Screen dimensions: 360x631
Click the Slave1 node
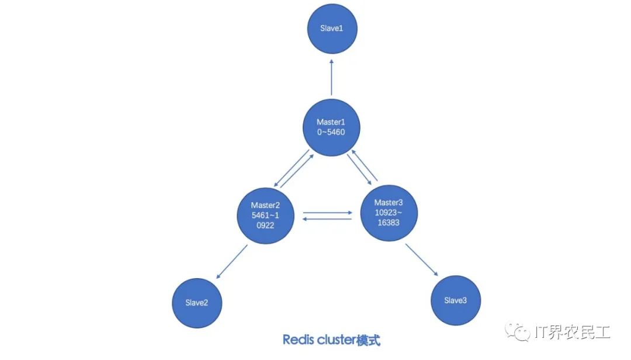(x=332, y=29)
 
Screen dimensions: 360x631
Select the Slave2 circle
(x=197, y=302)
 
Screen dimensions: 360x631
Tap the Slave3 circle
(x=456, y=300)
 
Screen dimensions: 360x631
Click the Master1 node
(x=331, y=127)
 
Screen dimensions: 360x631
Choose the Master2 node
(x=266, y=215)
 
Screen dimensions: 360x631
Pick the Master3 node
(x=388, y=211)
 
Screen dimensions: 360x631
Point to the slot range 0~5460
(x=331, y=133)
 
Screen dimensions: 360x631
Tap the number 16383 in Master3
(x=388, y=222)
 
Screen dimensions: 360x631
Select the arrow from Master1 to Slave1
(x=331, y=76)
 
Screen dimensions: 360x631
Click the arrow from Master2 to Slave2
(x=231, y=262)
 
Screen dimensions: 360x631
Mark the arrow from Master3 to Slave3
(x=422, y=259)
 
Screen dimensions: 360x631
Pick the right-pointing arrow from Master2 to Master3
(x=327, y=213)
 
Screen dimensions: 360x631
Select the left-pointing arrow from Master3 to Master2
(x=327, y=220)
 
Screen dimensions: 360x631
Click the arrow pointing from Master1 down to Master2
(x=290, y=169)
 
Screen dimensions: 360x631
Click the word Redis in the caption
(x=296, y=340)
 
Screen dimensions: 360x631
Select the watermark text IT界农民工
(x=573, y=333)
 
